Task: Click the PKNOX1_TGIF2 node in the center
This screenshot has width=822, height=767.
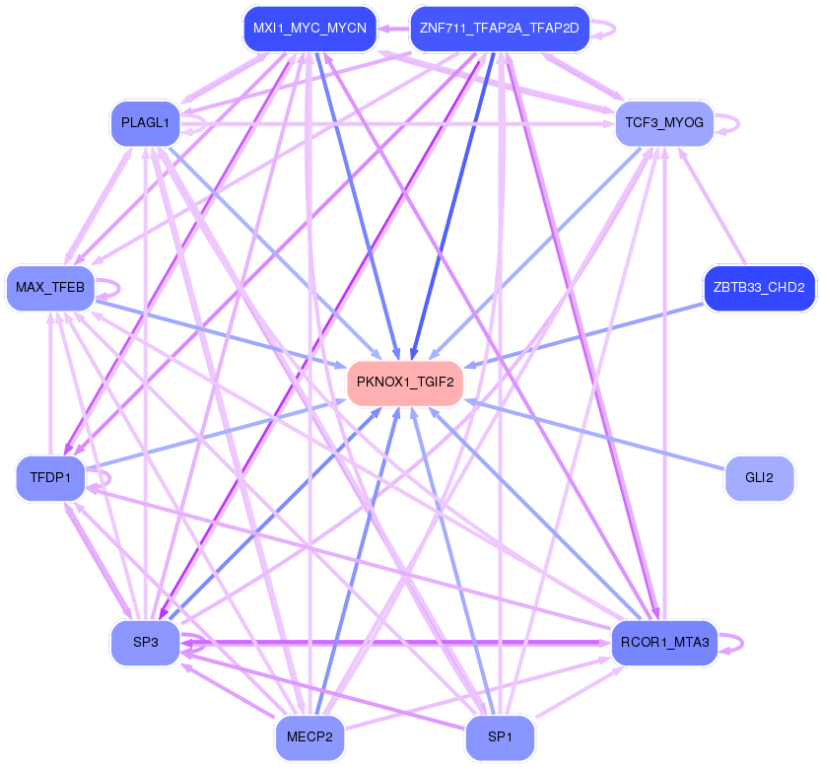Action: [405, 383]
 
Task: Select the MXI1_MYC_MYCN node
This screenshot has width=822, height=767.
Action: [309, 29]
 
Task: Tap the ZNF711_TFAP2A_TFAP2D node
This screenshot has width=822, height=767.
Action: [499, 29]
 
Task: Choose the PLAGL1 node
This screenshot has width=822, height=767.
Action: [145, 123]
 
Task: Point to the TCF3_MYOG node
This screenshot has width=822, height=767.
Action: [664, 123]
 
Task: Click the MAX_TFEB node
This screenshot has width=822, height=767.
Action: [50, 288]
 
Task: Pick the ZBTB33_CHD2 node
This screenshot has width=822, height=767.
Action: [759, 288]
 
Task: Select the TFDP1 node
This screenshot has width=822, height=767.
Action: [50, 476]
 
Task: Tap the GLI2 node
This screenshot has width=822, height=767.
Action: [759, 478]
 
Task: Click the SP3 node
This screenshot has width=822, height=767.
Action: [145, 642]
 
